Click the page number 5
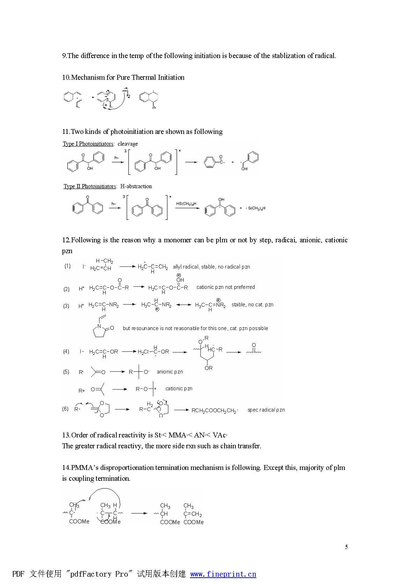click(x=346, y=547)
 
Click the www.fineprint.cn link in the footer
click(x=223, y=574)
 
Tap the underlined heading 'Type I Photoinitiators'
click(x=88, y=144)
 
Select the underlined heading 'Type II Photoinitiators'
click(x=90, y=186)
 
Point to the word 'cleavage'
click(x=127, y=144)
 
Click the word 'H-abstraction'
click(x=136, y=186)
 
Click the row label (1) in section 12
click(x=67, y=266)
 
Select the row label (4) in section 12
click(x=66, y=351)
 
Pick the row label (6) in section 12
click(x=65, y=408)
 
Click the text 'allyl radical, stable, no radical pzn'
click(x=211, y=267)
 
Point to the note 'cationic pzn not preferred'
click(x=226, y=287)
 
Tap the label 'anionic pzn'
click(x=170, y=372)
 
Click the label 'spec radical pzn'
click(x=266, y=410)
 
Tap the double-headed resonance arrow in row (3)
click(x=184, y=305)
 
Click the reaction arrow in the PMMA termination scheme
click(x=139, y=513)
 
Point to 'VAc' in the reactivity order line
click(x=219, y=435)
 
